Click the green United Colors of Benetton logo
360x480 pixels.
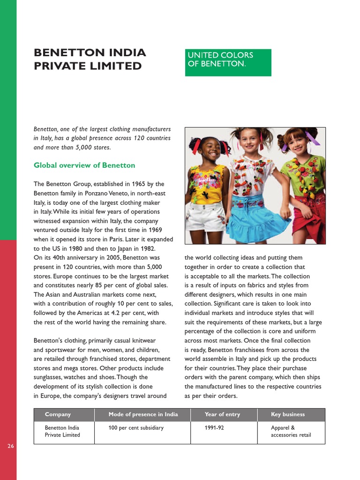point(228,62)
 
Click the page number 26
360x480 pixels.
point(11,446)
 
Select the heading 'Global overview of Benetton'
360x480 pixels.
point(84,165)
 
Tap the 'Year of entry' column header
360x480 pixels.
point(222,414)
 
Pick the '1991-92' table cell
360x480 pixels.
point(215,428)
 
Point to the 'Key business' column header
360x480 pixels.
point(288,414)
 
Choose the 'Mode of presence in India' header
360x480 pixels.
point(143,414)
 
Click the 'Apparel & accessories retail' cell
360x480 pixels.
point(291,431)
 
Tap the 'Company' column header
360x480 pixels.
point(58,414)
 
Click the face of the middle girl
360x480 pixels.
point(249,140)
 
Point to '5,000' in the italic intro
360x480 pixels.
point(87,148)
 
